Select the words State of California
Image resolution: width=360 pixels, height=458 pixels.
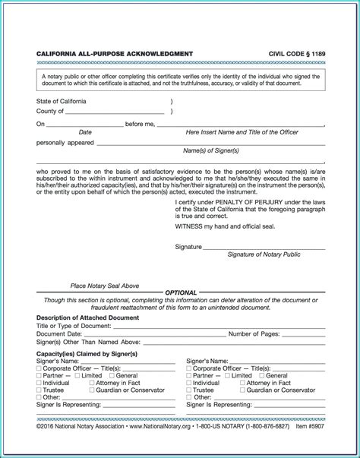click(x=62, y=101)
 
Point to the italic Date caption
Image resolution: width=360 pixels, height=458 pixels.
click(x=85, y=132)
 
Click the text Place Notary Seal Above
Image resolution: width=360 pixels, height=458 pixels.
click(x=105, y=286)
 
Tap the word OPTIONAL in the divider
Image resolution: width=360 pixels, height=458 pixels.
click(x=181, y=292)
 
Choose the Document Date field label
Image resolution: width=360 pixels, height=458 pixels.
click(x=59, y=333)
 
